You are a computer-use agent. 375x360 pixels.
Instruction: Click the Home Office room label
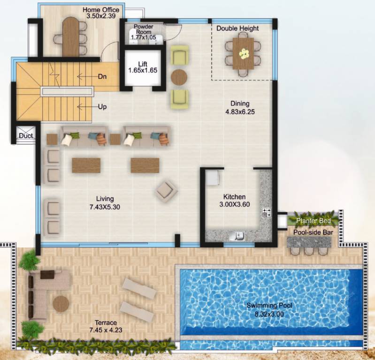pyautogui.click(x=101, y=9)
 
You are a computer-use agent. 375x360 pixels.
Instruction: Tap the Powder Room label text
pyautogui.click(x=144, y=30)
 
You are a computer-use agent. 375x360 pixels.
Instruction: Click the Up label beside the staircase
pyautogui.click(x=102, y=106)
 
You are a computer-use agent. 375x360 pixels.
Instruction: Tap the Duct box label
pyautogui.click(x=25, y=136)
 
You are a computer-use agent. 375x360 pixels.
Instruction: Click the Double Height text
pyautogui.click(x=237, y=28)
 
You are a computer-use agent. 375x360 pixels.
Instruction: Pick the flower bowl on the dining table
pyautogui.click(x=243, y=53)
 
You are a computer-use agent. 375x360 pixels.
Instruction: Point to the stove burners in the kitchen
pyautogui.click(x=266, y=212)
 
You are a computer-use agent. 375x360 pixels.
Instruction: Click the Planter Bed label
pyautogui.click(x=313, y=220)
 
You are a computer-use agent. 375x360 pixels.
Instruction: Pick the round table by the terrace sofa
pyautogui.click(x=61, y=304)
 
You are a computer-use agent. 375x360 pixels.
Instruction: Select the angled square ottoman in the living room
pyautogui.click(x=167, y=190)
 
